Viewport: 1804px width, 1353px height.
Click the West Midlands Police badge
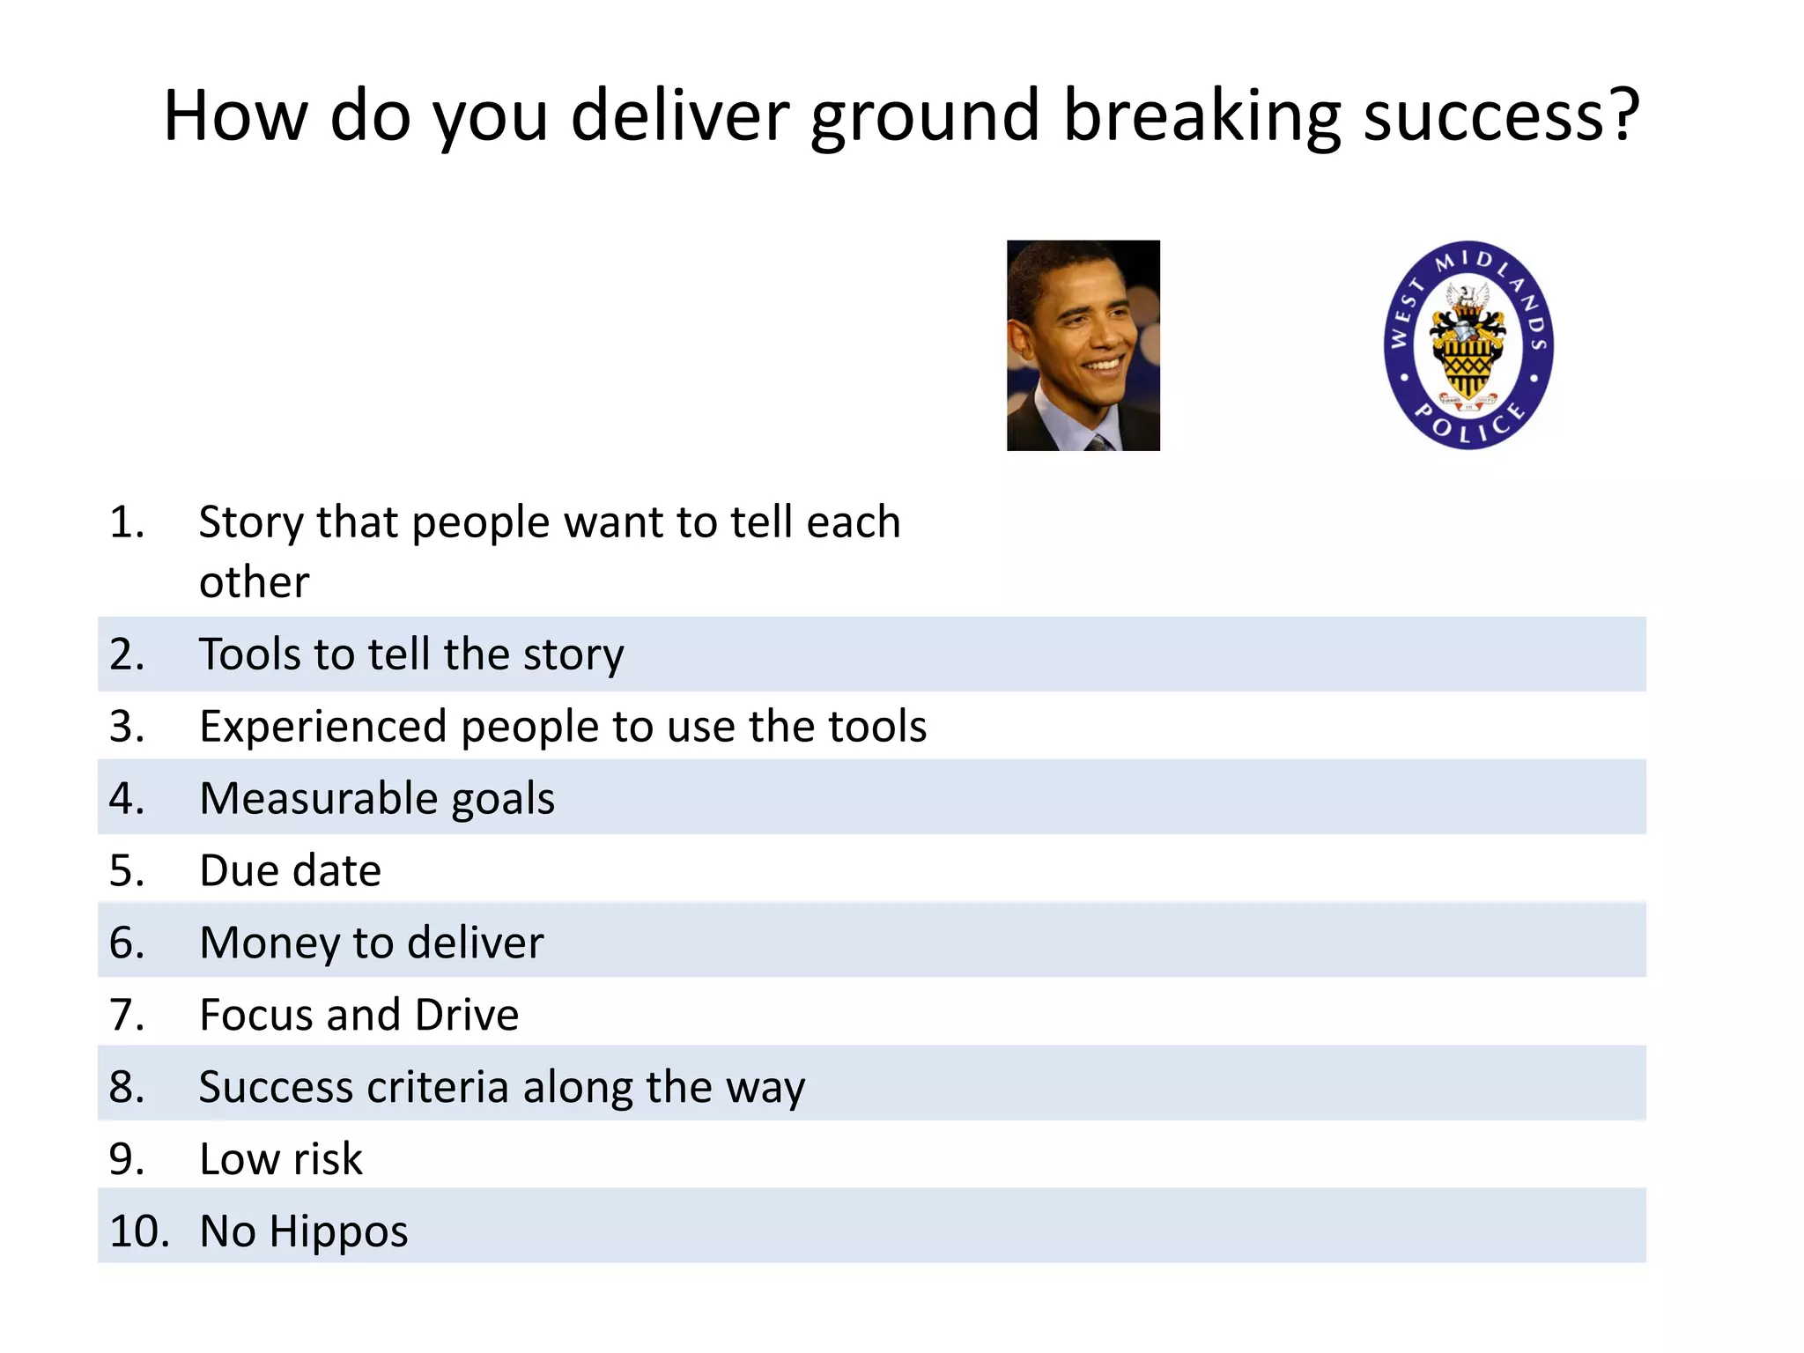(x=1468, y=344)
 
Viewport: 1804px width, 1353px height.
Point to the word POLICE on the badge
(x=1469, y=423)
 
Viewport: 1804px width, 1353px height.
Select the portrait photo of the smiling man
(x=1083, y=345)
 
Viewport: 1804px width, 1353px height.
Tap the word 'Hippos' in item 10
(x=338, y=1231)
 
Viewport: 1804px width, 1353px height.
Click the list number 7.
(x=126, y=1015)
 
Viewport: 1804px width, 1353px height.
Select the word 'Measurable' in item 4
(x=318, y=799)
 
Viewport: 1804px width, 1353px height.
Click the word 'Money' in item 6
(x=270, y=943)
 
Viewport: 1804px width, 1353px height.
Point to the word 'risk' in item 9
(x=328, y=1159)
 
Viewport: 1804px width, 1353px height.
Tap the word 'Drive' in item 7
(x=467, y=1015)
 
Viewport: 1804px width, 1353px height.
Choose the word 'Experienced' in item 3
(x=323, y=727)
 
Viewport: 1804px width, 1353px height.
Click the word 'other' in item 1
(x=254, y=582)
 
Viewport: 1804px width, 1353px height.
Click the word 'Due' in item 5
(x=238, y=871)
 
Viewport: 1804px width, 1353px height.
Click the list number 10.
(x=138, y=1231)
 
